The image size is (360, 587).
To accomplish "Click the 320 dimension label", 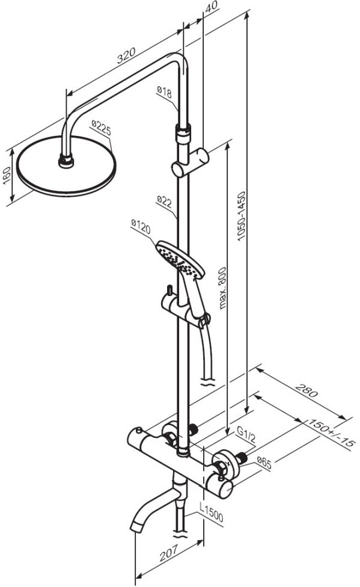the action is [126, 56].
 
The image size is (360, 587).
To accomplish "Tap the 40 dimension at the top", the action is [212, 7].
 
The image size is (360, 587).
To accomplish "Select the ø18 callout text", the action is [164, 91].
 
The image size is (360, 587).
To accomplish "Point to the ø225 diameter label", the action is [102, 128].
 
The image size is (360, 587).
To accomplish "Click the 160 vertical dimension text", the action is [7, 176].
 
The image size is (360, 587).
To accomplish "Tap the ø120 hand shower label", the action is [141, 227].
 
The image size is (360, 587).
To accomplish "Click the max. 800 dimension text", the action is [222, 288].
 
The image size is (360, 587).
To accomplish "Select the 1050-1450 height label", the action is [242, 216].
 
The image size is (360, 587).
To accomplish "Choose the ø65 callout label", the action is [264, 463].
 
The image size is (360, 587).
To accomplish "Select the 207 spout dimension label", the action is [169, 553].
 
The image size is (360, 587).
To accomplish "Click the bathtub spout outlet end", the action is [136, 526].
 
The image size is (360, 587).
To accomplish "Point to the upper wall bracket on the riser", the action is [190, 162].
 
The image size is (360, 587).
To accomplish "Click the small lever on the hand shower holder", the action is [169, 290].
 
